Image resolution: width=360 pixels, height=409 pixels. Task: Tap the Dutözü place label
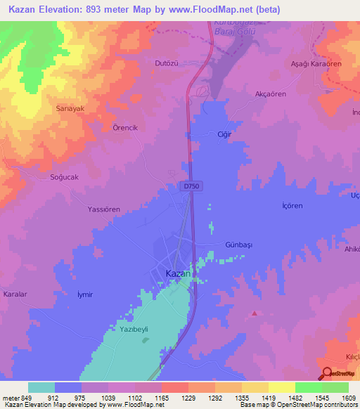tap(168, 63)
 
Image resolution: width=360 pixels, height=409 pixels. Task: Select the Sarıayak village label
tap(70, 108)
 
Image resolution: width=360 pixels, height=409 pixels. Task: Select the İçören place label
tap(291, 207)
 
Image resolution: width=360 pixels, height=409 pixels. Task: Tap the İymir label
tap(84, 294)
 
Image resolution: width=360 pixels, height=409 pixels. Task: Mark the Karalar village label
tap(15, 294)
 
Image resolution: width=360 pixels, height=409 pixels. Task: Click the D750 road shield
tap(190, 186)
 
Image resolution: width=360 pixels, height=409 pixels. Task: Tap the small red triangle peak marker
tap(254, 313)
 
